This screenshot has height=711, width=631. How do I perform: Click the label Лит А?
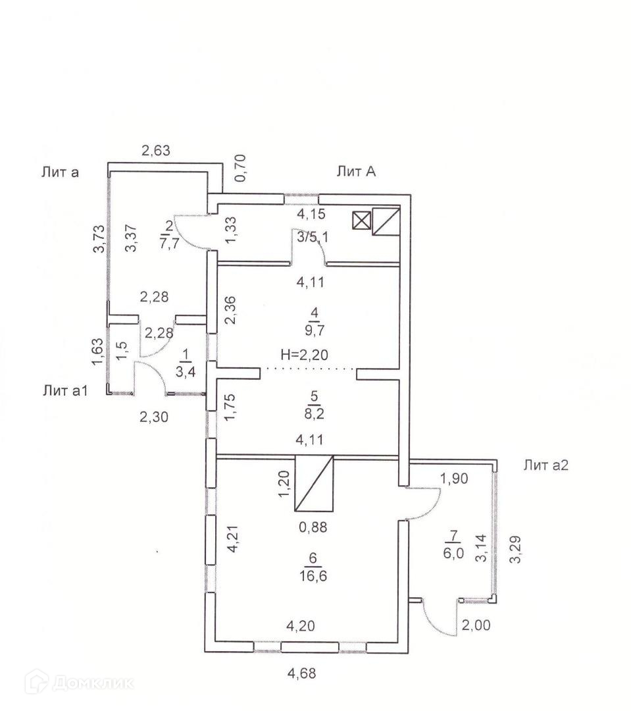355,172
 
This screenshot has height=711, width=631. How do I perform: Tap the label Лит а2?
545,465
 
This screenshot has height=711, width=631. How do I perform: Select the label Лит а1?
65,390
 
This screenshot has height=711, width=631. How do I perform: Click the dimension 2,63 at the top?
156,151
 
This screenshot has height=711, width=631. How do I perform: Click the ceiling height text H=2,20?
304,354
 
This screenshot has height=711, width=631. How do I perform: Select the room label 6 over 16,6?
313,566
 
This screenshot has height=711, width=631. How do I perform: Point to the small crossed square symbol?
361,220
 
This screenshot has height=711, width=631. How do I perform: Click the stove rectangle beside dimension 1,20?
315,483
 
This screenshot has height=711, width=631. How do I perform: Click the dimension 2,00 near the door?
475,625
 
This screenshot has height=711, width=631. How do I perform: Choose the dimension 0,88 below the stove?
313,526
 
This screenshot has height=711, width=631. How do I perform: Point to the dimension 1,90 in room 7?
454,479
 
